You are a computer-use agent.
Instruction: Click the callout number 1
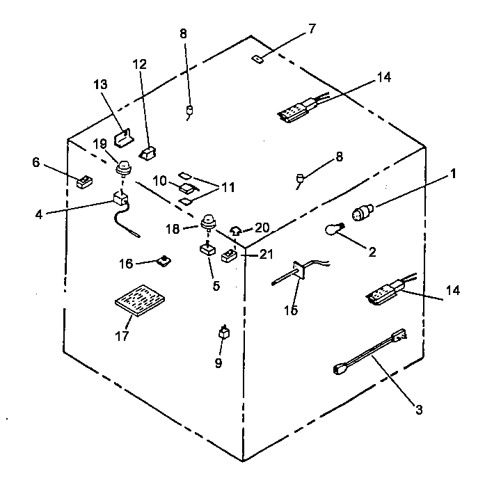point(453,174)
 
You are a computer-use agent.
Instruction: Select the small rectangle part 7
point(256,58)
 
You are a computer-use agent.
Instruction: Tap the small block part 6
point(86,182)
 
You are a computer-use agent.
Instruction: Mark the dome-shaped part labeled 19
point(123,167)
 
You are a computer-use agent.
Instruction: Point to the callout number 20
point(262,228)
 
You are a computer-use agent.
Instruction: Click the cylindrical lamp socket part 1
point(365,213)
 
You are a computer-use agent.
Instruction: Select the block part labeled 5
point(207,250)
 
